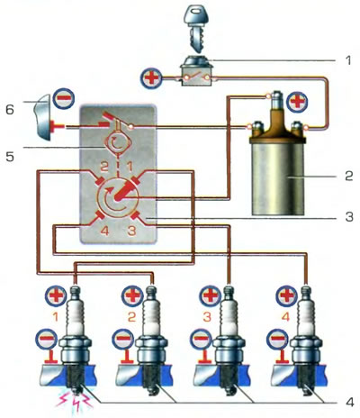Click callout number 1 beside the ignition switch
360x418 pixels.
(348, 60)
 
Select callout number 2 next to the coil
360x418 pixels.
(349, 176)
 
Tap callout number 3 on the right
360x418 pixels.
(349, 217)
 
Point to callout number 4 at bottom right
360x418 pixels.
(349, 402)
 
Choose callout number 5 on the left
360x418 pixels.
(10, 157)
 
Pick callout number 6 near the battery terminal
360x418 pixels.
(10, 110)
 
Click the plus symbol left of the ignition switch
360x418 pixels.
(151, 78)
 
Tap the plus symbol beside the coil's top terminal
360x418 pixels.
(297, 102)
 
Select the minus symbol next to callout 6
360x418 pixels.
(64, 98)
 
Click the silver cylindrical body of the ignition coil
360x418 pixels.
(278, 178)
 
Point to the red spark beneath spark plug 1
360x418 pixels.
(74, 403)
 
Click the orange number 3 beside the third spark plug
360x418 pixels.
(207, 317)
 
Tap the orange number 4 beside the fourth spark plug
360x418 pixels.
(285, 317)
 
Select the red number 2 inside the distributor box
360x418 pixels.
(103, 166)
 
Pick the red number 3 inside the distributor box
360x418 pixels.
(131, 232)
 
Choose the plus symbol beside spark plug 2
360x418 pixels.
(132, 295)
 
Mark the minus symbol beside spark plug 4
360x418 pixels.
(277, 339)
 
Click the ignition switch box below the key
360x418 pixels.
(196, 71)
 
